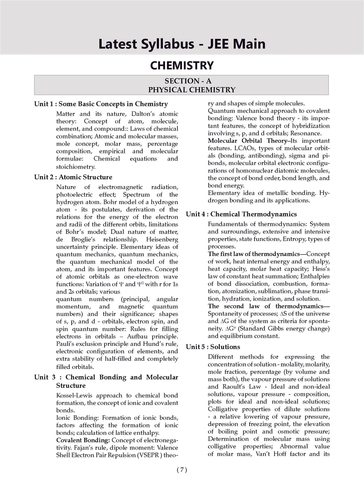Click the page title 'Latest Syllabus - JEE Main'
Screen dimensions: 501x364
point(182,44)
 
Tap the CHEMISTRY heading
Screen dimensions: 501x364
point(182,65)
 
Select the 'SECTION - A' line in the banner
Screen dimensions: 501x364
point(188,81)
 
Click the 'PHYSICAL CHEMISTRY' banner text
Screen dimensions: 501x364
point(192,90)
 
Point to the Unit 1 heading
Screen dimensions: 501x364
point(101,104)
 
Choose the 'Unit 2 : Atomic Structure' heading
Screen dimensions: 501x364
point(73,177)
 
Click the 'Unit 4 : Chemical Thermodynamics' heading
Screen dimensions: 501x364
point(241,214)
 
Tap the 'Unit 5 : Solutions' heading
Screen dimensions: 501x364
point(213,347)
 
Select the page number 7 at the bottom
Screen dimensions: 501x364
point(182,470)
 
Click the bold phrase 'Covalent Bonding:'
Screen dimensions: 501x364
point(83,440)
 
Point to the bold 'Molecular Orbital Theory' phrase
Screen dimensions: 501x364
point(247,141)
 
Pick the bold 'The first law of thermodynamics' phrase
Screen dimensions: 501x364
point(254,254)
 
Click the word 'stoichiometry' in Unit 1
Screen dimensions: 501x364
point(75,167)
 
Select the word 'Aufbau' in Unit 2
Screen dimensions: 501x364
point(137,337)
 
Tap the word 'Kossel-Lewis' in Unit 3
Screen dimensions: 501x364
point(75,396)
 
